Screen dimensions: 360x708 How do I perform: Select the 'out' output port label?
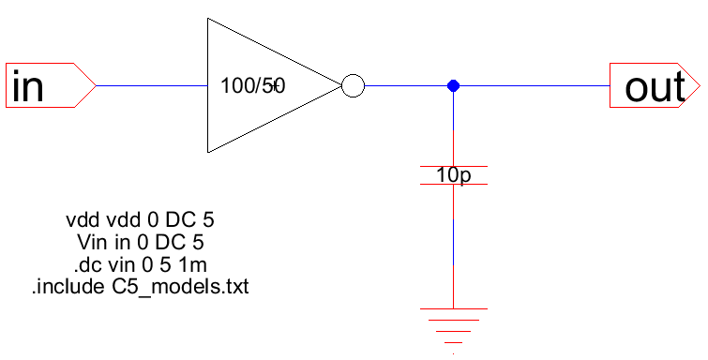[x=655, y=87]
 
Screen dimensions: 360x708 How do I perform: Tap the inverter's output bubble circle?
[x=352, y=86]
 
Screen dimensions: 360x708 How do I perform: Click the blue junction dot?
[x=453, y=86]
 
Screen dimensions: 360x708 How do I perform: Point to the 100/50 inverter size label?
[x=251, y=86]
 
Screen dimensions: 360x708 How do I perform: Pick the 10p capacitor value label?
[x=453, y=175]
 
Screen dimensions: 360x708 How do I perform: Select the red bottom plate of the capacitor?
[x=453, y=185]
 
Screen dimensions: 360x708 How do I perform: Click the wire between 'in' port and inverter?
[x=150, y=86]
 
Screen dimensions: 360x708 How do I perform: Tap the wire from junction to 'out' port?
[x=531, y=86]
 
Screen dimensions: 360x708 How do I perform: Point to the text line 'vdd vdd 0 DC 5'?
[x=141, y=221]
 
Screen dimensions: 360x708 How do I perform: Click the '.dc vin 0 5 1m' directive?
[x=140, y=264]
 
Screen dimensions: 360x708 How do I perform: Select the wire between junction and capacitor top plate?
[x=453, y=127]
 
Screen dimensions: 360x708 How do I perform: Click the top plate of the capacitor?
[x=453, y=166]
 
